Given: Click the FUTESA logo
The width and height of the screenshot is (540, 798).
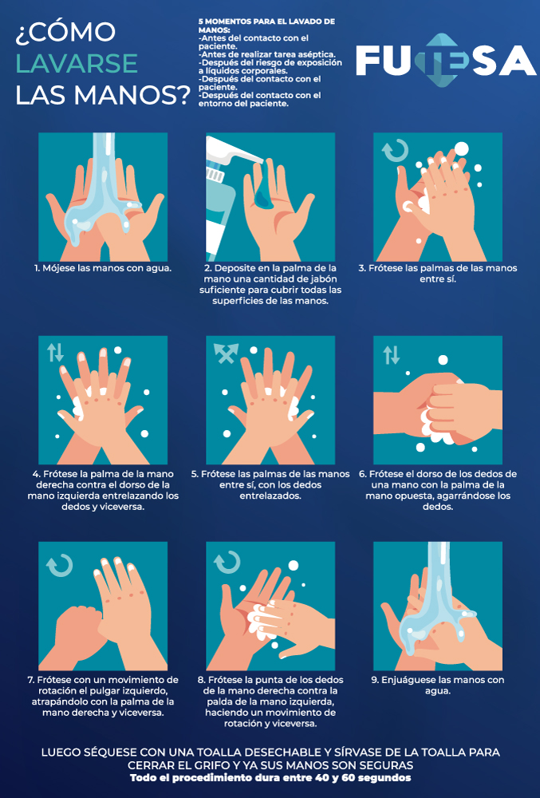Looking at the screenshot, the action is [446, 61].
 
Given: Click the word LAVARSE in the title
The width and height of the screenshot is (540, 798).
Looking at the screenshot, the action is [77, 63].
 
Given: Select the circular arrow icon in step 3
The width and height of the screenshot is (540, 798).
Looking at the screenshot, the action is [395, 151].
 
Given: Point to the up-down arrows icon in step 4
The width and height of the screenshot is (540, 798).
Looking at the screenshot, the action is [55, 352].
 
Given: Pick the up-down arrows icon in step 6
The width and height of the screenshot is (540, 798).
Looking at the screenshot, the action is [391, 355].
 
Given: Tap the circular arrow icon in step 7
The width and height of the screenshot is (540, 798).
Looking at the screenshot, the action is [60, 565].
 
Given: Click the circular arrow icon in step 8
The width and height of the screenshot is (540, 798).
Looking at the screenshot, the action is [227, 563].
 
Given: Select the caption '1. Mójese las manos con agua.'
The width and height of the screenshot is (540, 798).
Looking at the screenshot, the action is [103, 268].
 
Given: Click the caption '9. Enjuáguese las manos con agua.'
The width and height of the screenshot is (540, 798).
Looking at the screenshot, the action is [438, 685].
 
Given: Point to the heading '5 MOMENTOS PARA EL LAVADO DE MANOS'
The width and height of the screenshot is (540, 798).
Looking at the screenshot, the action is [266, 26].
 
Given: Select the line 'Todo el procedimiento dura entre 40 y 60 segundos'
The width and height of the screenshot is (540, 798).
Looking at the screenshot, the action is [270, 777].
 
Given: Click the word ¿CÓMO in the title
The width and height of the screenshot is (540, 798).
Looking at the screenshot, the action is [65, 32].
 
